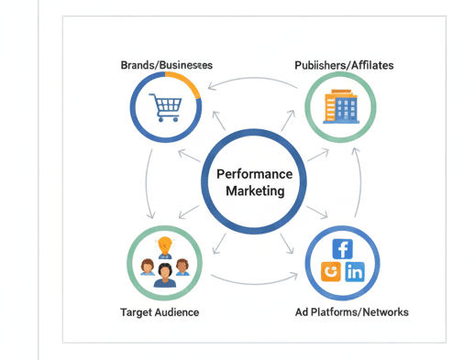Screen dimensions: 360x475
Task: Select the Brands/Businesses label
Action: pos(166,65)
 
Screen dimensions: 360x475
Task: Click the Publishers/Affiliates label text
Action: pos(344,65)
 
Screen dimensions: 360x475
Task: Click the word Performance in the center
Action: pos(254,174)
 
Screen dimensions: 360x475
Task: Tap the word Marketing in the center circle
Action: pos(254,191)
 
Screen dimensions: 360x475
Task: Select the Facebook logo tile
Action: pos(343,248)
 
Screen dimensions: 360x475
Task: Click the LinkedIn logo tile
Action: pos(354,271)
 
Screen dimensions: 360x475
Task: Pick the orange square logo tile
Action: pos(331,271)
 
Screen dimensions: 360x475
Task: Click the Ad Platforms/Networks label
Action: pos(352,312)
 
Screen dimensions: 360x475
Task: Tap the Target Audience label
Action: pos(159,312)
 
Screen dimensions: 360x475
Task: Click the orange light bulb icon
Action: pos(165,245)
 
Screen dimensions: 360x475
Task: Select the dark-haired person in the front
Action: pos(165,274)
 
